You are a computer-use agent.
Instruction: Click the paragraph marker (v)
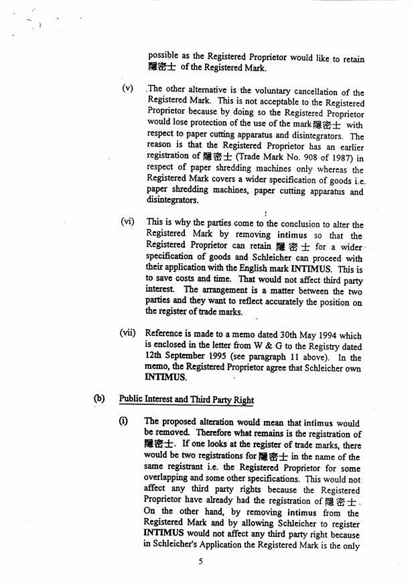point(126,89)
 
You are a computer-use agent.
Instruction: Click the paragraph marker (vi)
point(127,222)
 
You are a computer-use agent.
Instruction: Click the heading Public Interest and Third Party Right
point(187,400)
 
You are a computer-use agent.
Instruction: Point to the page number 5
point(200,562)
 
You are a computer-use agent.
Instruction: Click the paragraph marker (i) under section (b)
point(123,421)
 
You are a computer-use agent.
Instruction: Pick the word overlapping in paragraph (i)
point(168,479)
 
